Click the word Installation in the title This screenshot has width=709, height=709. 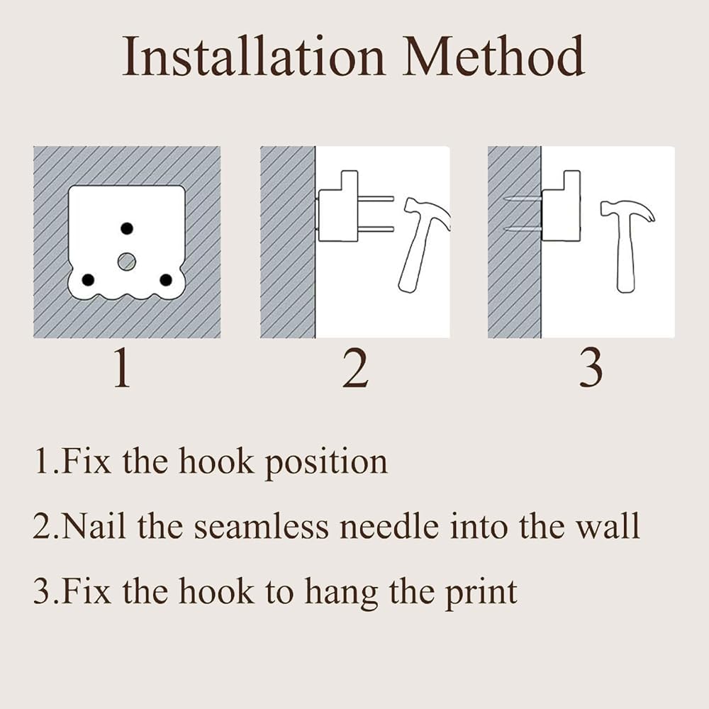(254, 56)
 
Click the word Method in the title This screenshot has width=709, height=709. (493, 56)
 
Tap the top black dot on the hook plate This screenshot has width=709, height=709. (127, 228)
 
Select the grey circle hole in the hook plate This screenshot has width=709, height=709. (127, 262)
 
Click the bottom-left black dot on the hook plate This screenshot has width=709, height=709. (88, 280)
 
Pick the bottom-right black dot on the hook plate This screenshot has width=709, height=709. (166, 280)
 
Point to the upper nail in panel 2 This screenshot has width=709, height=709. (376, 199)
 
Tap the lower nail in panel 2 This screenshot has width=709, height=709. (376, 229)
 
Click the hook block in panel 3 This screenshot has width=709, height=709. (561, 206)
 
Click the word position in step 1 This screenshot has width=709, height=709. (326, 462)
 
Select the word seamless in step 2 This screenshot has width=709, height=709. (262, 527)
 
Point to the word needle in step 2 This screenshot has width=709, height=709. (389, 527)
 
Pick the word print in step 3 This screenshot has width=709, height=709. (481, 593)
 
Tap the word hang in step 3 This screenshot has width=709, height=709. (342, 593)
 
